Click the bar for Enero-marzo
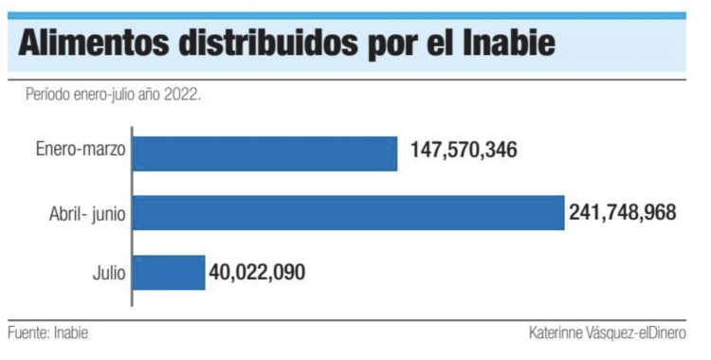point(264,153)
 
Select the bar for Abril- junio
point(348,213)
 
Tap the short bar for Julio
point(169,273)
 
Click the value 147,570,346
point(464,151)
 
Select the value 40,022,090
point(258,272)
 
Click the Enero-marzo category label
point(81,151)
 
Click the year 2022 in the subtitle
point(182,97)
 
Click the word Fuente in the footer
point(27,334)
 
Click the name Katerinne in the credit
point(559,334)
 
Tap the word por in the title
point(413,47)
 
